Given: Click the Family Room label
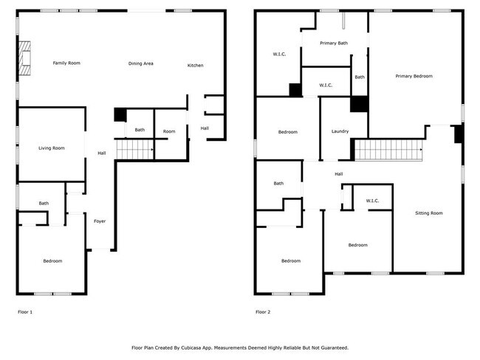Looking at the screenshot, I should (x=66, y=63).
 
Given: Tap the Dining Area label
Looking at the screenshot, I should (x=140, y=63).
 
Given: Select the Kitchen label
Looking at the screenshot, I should (x=195, y=66).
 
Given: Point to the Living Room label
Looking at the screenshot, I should (x=52, y=148).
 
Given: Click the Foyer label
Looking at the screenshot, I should (x=99, y=221).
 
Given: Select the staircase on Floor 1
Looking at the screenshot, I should (x=135, y=150).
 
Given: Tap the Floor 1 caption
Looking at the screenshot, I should (x=25, y=312).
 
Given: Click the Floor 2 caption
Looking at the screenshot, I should (x=263, y=312).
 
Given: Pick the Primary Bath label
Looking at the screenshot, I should (x=334, y=44).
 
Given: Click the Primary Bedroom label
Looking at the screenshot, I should (x=414, y=76).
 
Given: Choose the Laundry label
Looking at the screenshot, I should (x=340, y=132).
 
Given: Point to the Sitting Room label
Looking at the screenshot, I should (x=428, y=213).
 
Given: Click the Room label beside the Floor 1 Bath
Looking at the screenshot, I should (x=169, y=131).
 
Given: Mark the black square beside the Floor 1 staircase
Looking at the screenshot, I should (x=120, y=114).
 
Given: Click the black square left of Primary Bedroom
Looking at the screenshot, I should (x=359, y=104).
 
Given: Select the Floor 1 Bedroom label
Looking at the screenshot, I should (x=52, y=260).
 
